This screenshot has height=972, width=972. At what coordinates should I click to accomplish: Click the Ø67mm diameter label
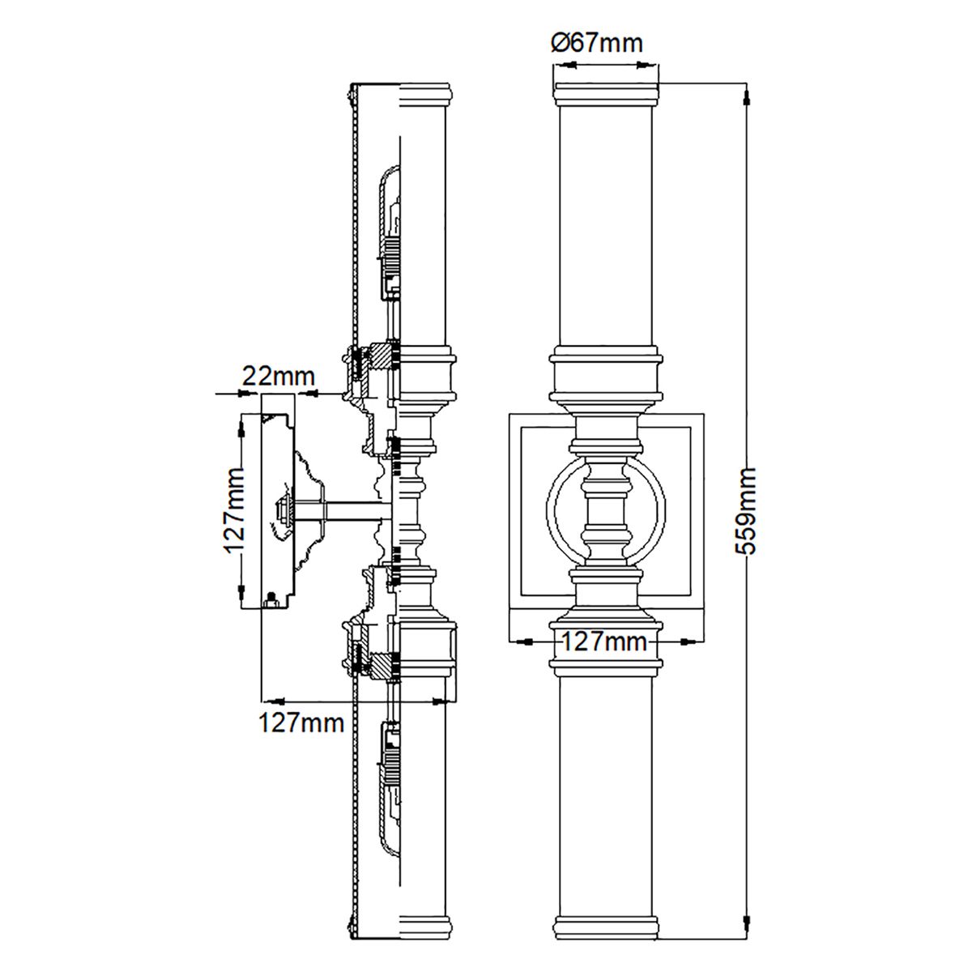tap(597, 43)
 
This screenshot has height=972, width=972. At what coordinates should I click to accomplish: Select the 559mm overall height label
tap(744, 510)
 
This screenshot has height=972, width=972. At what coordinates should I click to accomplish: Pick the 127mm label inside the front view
tap(604, 642)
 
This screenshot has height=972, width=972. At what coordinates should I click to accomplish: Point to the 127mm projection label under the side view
tap(301, 722)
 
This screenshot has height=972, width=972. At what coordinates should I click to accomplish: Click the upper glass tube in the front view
tap(606, 227)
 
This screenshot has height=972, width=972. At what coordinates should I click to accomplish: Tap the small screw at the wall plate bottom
tap(271, 600)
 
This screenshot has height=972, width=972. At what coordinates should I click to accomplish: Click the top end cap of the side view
tap(425, 94)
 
